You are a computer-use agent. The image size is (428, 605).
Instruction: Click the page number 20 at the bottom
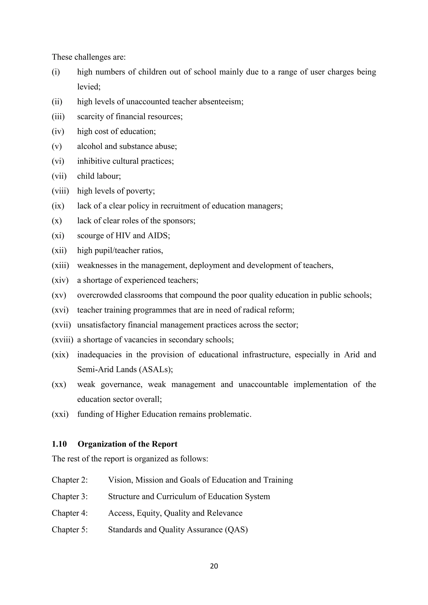[214, 566]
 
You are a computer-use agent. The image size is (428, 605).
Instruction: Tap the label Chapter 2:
[70, 480]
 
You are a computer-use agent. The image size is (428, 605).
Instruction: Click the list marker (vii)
[59, 176]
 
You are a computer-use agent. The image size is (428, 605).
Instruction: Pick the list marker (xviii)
[62, 340]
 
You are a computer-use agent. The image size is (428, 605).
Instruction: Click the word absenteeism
[221, 101]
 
